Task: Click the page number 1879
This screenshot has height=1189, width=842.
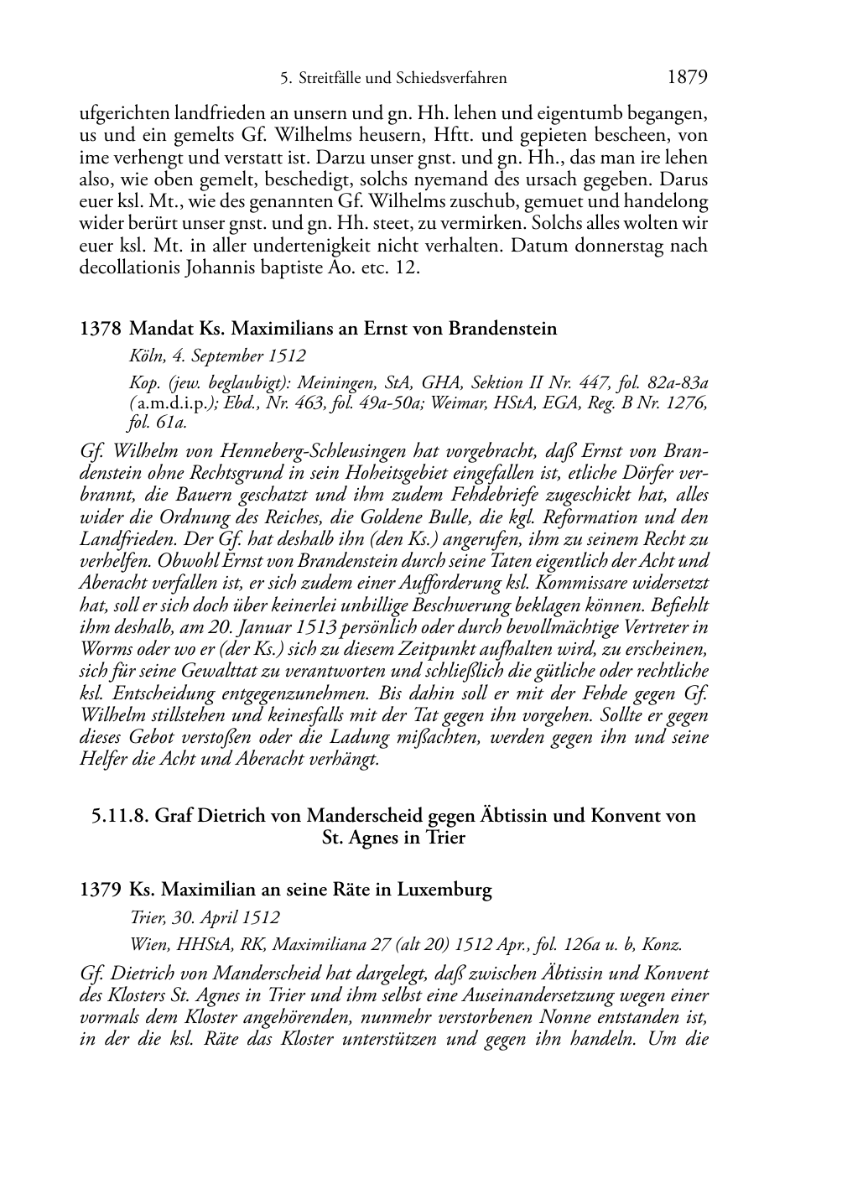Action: coord(688,78)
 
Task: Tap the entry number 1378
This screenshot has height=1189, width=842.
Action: coord(100,329)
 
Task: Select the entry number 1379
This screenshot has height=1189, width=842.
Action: coord(100,890)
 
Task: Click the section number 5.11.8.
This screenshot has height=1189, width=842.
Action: coord(120,815)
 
